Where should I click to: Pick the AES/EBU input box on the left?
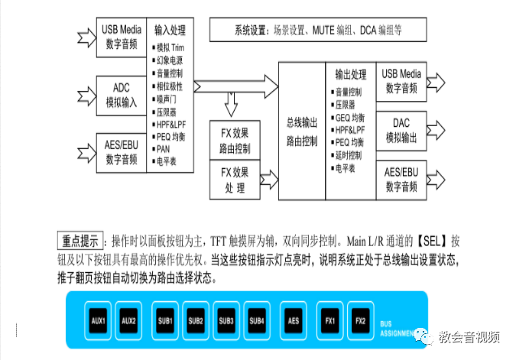tap(119, 152)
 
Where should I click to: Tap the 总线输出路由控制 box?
tap(301, 132)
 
